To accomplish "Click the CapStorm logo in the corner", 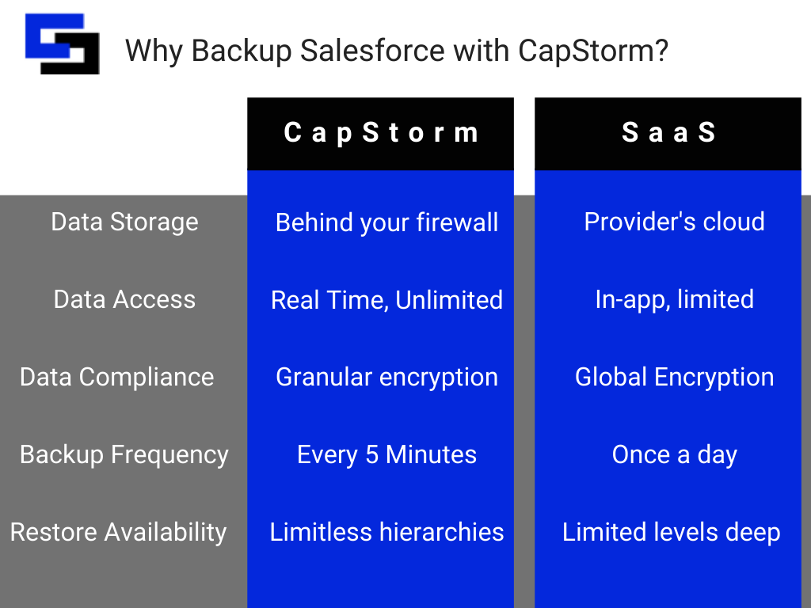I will pyautogui.click(x=63, y=45).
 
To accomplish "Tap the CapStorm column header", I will pyautogui.click(x=381, y=133).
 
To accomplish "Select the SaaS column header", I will pyautogui.click(x=668, y=133).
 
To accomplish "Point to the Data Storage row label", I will pyautogui.click(x=124, y=222).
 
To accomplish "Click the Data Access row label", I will pyautogui.click(x=124, y=299).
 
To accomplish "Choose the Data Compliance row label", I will pyautogui.click(x=116, y=377).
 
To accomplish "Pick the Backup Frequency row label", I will pyautogui.click(x=124, y=454).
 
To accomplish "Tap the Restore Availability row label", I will pyautogui.click(x=118, y=532).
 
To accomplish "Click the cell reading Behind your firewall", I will pyautogui.click(x=386, y=222).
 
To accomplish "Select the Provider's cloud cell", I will pyautogui.click(x=674, y=222).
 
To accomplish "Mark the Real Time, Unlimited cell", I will pyautogui.click(x=386, y=300).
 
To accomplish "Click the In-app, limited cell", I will pyautogui.click(x=674, y=299).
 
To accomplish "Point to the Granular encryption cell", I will pyautogui.click(x=386, y=378).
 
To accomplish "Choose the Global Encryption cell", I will pyautogui.click(x=674, y=378).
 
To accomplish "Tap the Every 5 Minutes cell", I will pyautogui.click(x=386, y=455).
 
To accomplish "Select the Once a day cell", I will pyautogui.click(x=674, y=455).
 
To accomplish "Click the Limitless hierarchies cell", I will pyautogui.click(x=386, y=532).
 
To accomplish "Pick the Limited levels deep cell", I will pyautogui.click(x=671, y=533).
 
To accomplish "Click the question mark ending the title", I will pyautogui.click(x=661, y=51).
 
